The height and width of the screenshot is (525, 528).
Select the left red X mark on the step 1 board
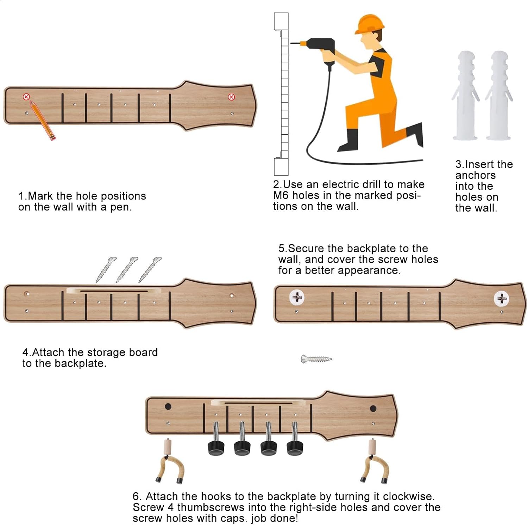click(26, 97)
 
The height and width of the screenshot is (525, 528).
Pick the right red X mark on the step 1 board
click(231, 97)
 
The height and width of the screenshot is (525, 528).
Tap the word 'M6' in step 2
click(281, 195)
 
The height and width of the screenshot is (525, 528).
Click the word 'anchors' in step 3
click(475, 175)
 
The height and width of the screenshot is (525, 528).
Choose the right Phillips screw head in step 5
click(502, 299)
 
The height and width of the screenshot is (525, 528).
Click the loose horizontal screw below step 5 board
click(316, 359)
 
